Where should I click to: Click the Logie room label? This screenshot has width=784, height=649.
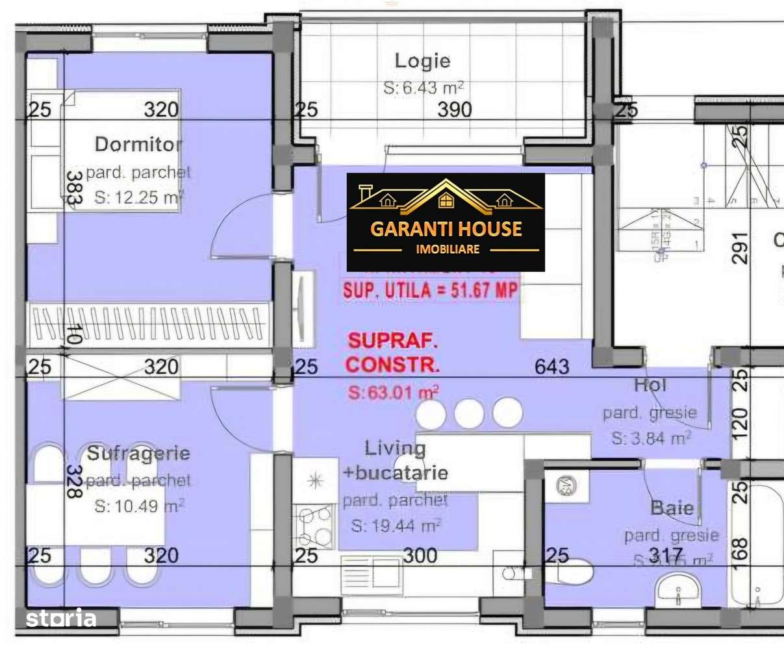422,61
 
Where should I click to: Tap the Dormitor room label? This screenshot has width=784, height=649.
138,144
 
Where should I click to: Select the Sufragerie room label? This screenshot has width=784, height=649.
138,453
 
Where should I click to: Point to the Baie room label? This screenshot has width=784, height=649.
672,508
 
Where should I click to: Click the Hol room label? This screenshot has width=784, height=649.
650,385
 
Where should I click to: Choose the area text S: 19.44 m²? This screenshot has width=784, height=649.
396,526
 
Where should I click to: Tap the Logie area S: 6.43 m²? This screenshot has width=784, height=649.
424,88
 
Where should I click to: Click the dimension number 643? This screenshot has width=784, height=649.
551,367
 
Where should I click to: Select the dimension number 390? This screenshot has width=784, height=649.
454,109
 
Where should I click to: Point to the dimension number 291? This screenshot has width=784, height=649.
740,248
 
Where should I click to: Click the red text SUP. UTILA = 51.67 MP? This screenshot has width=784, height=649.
431,290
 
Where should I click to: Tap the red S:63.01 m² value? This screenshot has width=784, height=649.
393,392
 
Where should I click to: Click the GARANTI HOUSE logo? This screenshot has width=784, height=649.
446,223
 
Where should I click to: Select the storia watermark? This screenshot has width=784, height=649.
61,618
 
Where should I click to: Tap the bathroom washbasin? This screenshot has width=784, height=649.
677,591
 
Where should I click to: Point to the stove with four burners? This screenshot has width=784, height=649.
315,526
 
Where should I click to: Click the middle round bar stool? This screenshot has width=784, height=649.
468,413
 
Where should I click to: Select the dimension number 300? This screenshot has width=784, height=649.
420,556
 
